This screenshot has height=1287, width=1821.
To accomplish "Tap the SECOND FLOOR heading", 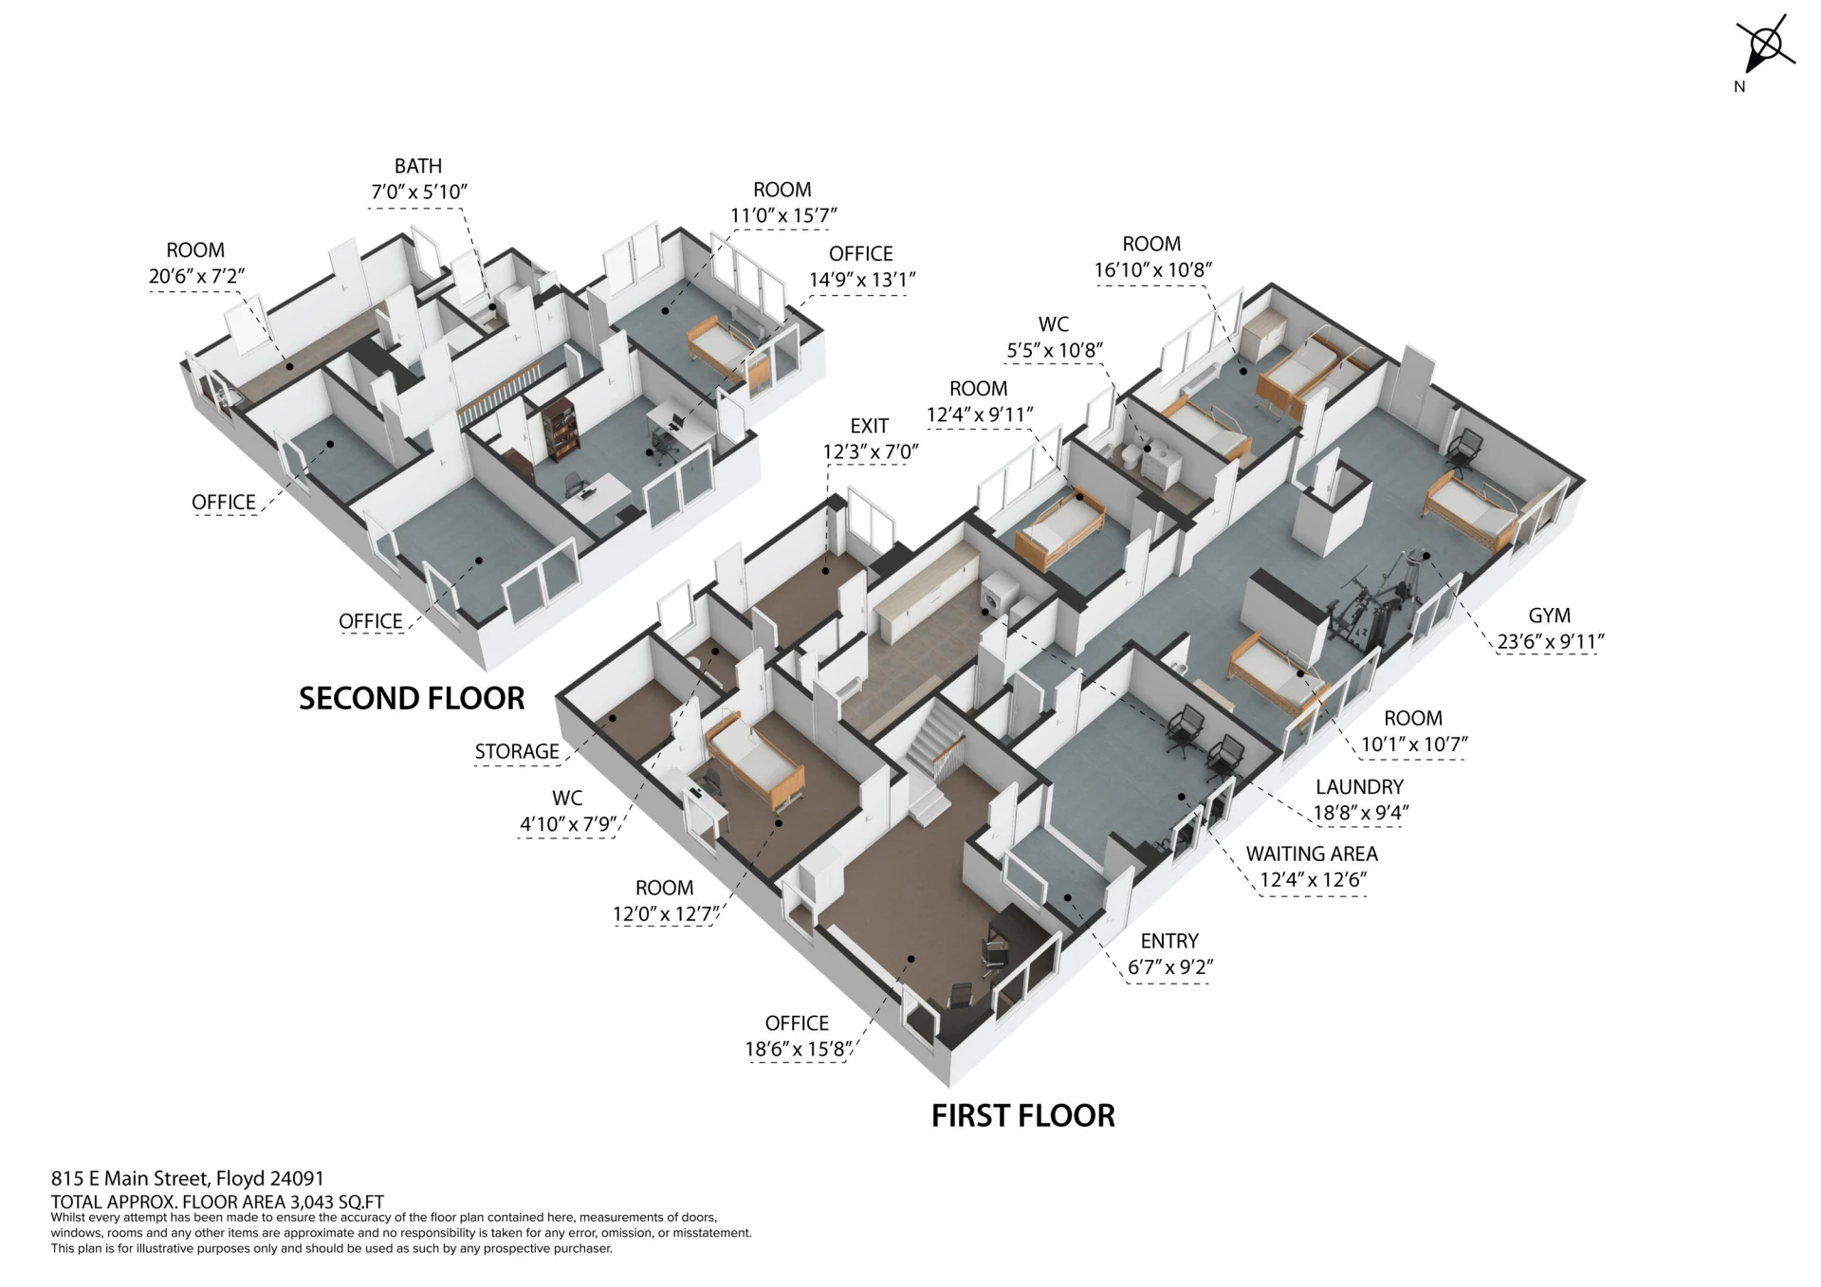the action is pos(412,699).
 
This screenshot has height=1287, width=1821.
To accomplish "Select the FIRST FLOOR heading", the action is pos(1022,1116).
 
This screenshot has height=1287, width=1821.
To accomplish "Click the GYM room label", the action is pos(1549,616).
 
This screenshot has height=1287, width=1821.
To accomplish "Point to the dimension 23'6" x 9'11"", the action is pos(1550,642).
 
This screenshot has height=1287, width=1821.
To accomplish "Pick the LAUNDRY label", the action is pos(1359,787).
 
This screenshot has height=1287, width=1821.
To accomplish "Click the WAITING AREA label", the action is pos(1312,854).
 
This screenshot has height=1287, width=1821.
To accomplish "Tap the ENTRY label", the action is pos(1169,941).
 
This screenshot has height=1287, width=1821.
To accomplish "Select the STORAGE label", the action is pos(517,751).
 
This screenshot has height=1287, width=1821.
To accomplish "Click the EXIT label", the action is pos(870,426).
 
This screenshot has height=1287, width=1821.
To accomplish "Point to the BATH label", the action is pos(418,166).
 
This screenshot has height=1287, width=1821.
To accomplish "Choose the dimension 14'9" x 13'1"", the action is pos(861,280).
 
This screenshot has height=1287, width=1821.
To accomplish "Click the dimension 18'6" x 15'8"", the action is pos(799,1050).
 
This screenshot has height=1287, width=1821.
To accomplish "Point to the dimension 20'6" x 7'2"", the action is pos(196,276).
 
